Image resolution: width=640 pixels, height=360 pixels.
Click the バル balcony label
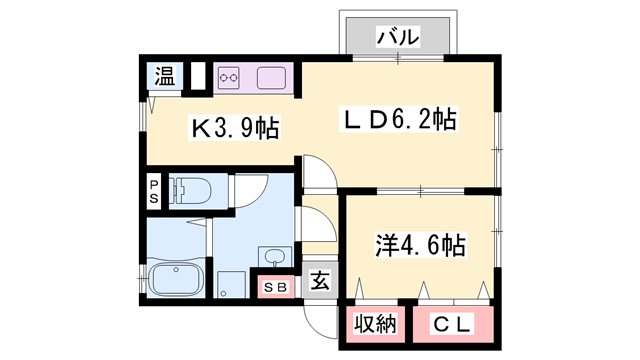(x=398, y=37)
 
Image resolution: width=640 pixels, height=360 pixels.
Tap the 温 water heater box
(x=164, y=76)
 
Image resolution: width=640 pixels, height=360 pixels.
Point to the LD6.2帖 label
(x=400, y=120)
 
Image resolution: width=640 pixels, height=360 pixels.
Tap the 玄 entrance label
(x=319, y=282)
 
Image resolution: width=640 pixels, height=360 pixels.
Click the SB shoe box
(x=277, y=287)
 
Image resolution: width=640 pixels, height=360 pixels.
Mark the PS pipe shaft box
(x=155, y=191)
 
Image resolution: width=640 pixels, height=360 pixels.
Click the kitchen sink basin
(x=271, y=77)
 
